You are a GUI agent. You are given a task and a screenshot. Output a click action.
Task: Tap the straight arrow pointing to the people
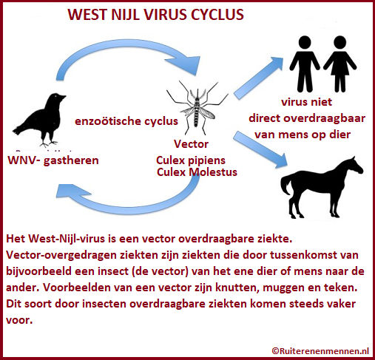257,78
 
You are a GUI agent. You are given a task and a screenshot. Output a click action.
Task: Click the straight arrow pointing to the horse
260,149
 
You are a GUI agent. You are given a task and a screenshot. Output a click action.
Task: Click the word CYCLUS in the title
217,14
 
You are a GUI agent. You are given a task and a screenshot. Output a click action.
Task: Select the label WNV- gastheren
53,160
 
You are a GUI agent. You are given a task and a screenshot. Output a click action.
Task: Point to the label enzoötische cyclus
126,121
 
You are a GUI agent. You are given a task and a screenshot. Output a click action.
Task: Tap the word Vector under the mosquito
191,144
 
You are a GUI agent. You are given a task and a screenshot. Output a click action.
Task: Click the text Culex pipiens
191,160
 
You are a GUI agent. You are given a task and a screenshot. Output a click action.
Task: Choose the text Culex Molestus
197,172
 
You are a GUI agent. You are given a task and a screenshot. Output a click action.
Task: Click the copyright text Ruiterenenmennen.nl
320,350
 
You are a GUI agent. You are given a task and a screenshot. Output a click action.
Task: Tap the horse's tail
286,183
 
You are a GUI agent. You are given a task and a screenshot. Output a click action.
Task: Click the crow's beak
63,98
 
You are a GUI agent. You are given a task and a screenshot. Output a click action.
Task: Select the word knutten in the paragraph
237,288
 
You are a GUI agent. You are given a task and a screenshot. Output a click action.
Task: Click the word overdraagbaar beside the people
324,118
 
